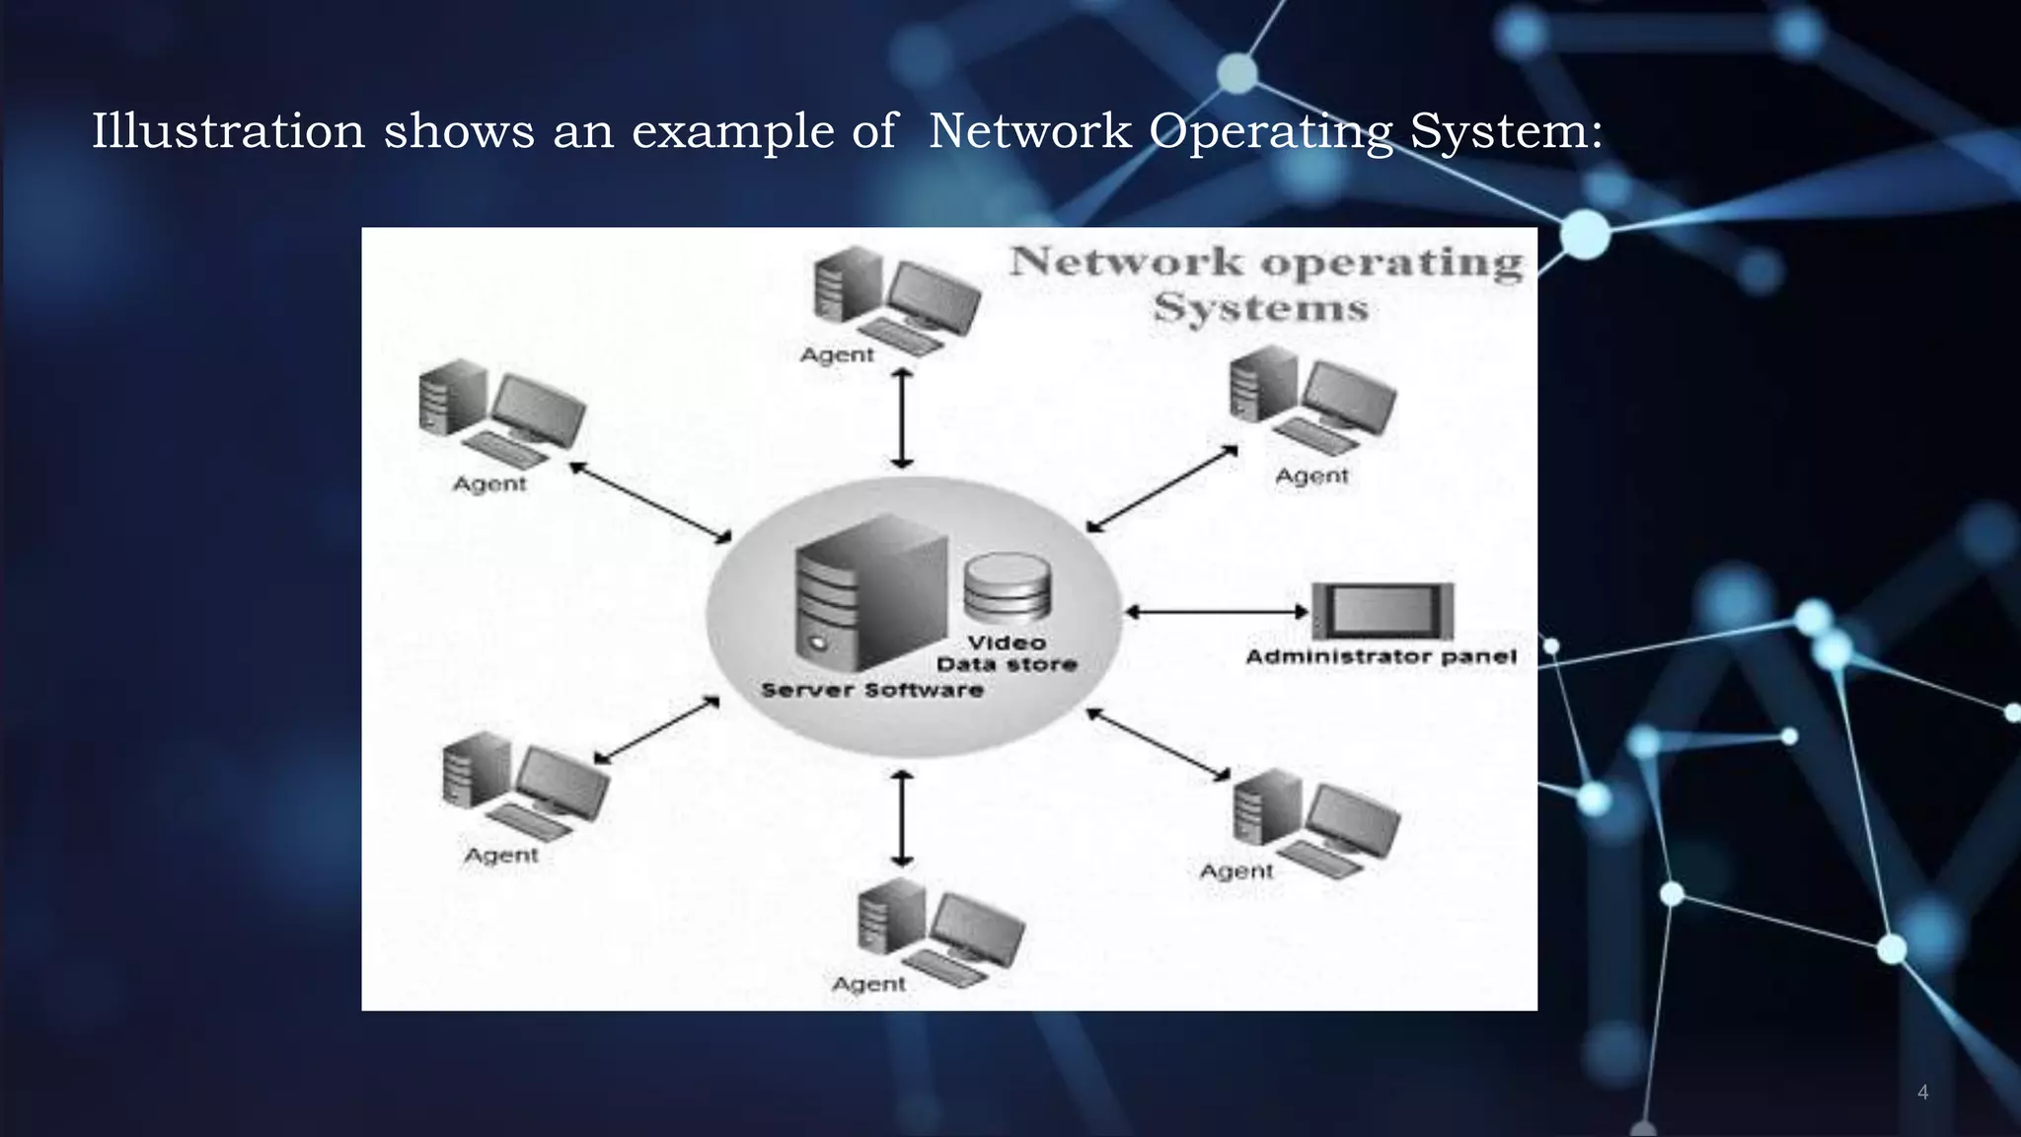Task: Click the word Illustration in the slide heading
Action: point(228,130)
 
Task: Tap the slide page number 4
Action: point(1922,1092)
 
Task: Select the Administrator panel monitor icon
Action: point(1382,611)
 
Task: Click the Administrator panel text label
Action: point(1381,656)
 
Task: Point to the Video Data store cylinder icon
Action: point(1007,588)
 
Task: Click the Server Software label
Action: point(872,690)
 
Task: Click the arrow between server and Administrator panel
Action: point(1217,612)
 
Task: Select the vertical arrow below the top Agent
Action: point(901,418)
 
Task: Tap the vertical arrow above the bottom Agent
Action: point(901,818)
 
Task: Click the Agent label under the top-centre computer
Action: point(837,354)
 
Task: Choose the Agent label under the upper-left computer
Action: point(489,484)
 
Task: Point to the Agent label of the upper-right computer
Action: point(1311,476)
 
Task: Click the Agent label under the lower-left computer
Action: point(501,855)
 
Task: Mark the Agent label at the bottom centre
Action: point(868,984)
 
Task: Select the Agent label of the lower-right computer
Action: point(1236,872)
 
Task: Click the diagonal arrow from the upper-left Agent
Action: point(650,501)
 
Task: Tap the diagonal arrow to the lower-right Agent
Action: point(1160,744)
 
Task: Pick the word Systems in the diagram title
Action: point(1261,308)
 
